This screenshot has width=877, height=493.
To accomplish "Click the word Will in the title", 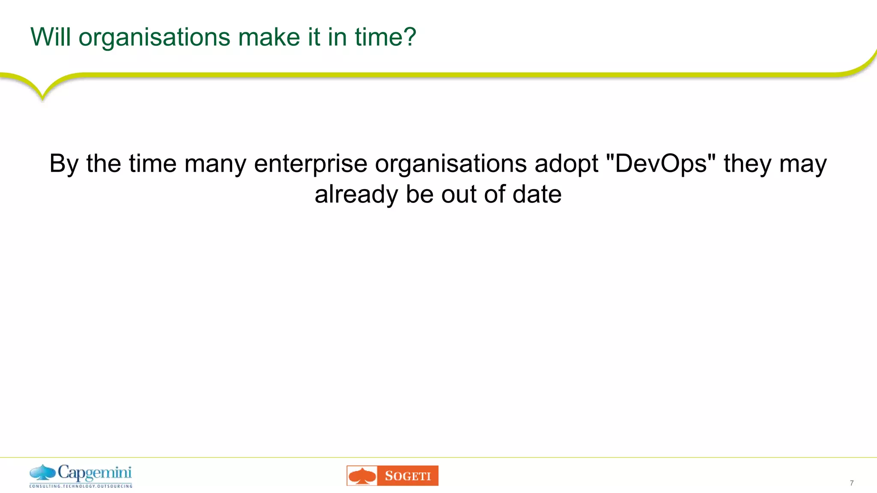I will click(50, 37).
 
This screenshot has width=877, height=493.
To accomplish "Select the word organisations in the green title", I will click(155, 38).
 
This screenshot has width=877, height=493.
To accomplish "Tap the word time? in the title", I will click(385, 37).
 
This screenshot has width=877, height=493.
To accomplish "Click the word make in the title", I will click(268, 37).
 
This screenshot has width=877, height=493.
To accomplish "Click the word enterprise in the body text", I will click(310, 164).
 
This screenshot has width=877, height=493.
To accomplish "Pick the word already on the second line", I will click(356, 195).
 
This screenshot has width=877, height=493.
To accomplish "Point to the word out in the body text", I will click(459, 194).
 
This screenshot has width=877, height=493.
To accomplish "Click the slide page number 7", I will click(852, 483).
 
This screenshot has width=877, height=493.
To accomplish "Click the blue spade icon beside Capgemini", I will click(42, 473).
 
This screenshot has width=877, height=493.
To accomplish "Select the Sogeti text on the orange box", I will click(408, 476).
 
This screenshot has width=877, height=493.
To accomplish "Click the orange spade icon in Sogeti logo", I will click(362, 476).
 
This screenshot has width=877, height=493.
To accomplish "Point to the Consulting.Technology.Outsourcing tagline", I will click(81, 486).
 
